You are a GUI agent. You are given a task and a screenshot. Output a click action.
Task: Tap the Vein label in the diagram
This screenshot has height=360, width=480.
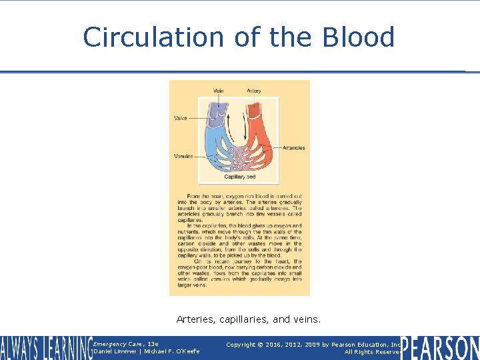click(218, 91)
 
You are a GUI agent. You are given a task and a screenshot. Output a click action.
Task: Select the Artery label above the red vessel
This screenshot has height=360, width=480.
click(254, 91)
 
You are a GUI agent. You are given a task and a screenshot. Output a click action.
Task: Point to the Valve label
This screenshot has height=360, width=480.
click(181, 118)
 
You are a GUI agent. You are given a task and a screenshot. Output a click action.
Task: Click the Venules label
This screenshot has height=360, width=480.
click(183, 156)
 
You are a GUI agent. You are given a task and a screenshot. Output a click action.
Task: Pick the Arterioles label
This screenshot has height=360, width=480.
click(293, 147)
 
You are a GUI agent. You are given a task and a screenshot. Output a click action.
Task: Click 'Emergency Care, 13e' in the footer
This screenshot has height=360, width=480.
click(126, 344)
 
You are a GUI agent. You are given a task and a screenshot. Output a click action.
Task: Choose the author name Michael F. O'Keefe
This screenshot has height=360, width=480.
click(172, 351)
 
